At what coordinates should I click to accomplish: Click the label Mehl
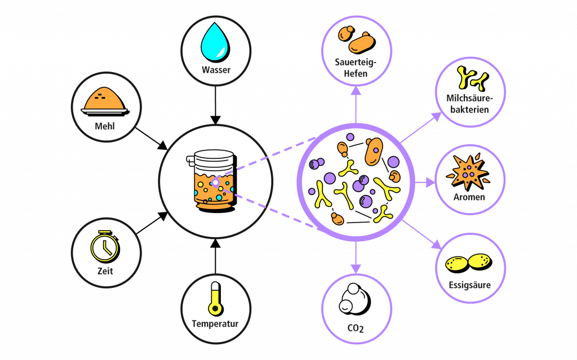click(x=105, y=126)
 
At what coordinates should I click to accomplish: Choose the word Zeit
click(x=105, y=271)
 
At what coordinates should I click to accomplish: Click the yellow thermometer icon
click(x=215, y=298)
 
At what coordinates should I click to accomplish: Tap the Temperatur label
click(x=215, y=324)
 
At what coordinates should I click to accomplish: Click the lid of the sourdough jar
click(x=215, y=156)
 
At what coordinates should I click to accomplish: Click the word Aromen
click(x=469, y=197)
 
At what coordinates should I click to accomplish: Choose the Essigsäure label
click(x=470, y=285)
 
